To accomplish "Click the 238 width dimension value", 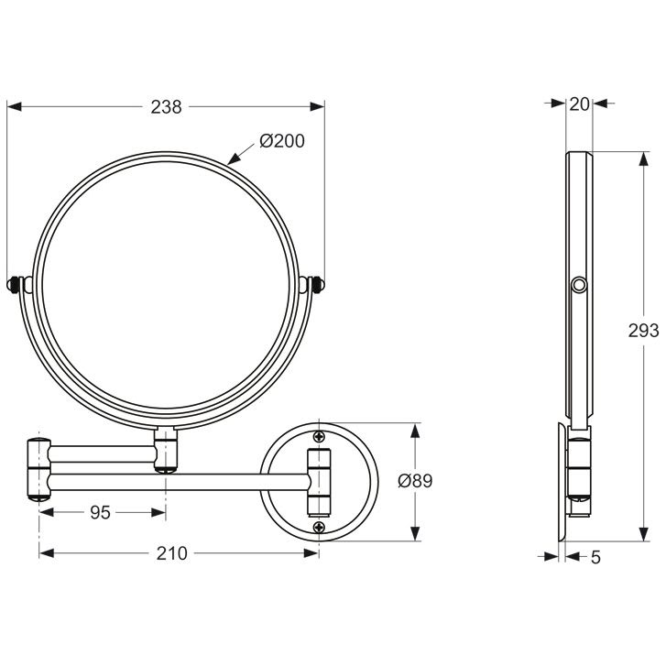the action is (x=166, y=107).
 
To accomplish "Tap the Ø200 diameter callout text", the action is (x=282, y=141).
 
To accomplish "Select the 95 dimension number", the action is (x=101, y=513).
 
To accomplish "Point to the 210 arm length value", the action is (x=171, y=553).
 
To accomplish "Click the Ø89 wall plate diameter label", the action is (x=415, y=481).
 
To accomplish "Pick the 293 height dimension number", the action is (x=643, y=331).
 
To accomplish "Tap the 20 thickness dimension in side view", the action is (x=579, y=104).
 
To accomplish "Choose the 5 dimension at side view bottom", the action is (x=595, y=557).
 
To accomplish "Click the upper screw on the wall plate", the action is (x=319, y=436).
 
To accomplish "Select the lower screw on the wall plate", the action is (x=319, y=528).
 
